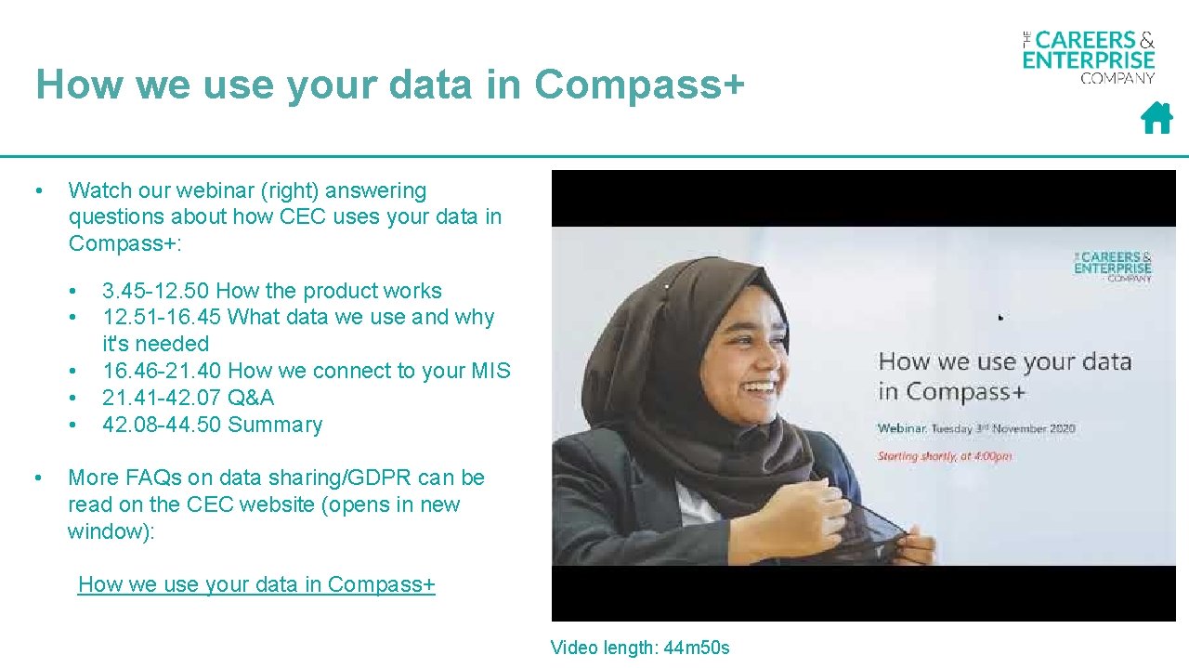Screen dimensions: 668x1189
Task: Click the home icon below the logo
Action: pos(1156,119)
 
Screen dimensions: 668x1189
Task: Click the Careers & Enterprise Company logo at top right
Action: pos(1089,58)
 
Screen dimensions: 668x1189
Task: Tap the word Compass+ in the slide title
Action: pos(640,85)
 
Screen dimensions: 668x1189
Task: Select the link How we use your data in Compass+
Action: pos(256,584)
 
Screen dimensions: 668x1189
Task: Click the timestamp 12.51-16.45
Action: pos(162,317)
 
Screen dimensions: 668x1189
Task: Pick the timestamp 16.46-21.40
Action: pos(162,371)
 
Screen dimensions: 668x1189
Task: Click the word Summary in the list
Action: pos(275,425)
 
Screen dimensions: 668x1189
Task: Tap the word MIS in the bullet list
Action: pos(490,371)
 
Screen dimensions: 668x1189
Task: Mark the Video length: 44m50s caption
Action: pos(640,648)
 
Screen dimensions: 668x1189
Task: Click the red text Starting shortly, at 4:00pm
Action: pos(945,456)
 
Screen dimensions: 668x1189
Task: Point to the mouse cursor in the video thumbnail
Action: pos(1000,318)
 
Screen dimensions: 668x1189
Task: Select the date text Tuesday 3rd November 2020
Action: pos(1008,428)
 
